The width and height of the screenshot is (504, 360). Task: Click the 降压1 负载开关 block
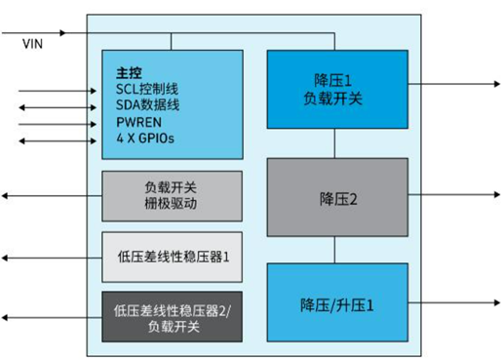(334, 89)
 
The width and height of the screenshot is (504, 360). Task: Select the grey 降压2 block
(334, 198)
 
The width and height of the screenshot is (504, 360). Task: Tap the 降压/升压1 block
(334, 302)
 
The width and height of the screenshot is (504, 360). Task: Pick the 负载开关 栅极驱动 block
(172, 195)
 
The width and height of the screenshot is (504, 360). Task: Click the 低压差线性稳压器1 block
(172, 258)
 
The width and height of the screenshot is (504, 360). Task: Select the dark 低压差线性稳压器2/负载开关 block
(172, 317)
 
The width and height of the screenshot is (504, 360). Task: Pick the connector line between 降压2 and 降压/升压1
(334, 250)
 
